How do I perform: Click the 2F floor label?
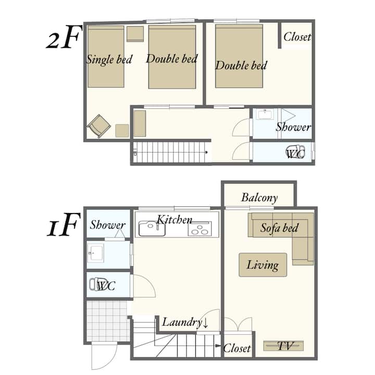(x=64, y=37)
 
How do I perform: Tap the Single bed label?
(x=109, y=59)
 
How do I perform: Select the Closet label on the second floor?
(x=297, y=37)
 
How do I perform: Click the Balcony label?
(x=259, y=198)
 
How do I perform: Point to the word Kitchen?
(x=174, y=220)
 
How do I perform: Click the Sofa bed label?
(x=279, y=228)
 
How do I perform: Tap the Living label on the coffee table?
(x=262, y=265)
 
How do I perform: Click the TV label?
(x=285, y=346)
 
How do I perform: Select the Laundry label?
(x=185, y=322)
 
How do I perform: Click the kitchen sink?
(x=152, y=229)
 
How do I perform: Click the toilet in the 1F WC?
(x=98, y=284)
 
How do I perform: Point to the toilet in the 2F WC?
(x=296, y=152)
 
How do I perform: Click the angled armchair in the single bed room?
(x=99, y=126)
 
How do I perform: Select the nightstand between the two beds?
(x=135, y=34)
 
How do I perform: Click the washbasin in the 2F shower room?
(x=265, y=114)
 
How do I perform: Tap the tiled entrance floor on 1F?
(x=108, y=321)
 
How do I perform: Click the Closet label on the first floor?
(x=237, y=348)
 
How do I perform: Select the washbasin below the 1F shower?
(x=96, y=253)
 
